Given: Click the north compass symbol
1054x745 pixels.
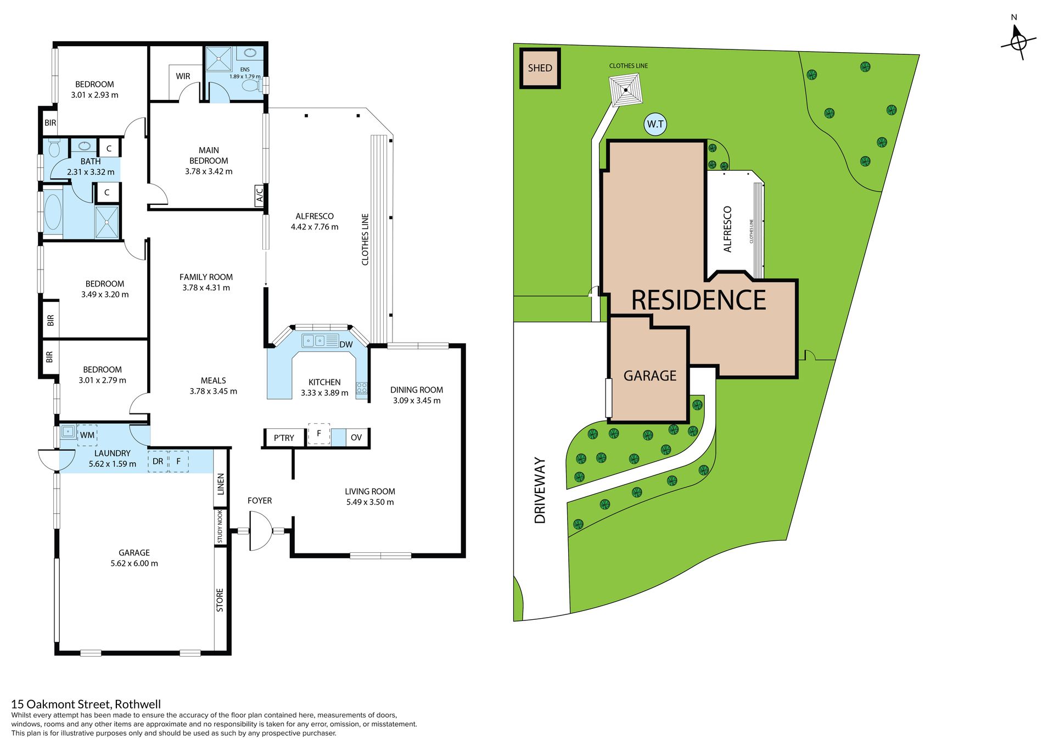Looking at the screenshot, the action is point(1018,42).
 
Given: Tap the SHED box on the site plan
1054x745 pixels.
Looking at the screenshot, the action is point(540,68).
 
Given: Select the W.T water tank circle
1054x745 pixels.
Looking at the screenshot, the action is point(655,124).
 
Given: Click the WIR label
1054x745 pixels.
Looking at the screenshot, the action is point(183,76).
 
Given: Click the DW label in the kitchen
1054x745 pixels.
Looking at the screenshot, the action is point(346,345).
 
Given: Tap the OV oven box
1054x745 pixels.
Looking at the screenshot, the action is point(357,438).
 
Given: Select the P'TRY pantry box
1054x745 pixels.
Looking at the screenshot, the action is point(284,438).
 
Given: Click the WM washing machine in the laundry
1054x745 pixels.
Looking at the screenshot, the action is point(87,435).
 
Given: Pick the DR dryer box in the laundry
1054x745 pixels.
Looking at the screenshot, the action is point(158,461).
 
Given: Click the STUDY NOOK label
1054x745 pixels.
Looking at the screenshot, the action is point(220,526).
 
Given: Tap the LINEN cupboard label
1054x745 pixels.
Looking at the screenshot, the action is point(221,484).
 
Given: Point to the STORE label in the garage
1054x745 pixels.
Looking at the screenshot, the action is point(220,600).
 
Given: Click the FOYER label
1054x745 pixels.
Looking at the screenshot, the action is point(260,501).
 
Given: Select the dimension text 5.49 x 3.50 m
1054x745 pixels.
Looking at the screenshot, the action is point(370,502).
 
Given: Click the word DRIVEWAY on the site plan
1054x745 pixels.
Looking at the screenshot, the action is point(540,490).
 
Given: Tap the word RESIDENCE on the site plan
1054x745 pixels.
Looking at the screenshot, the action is point(699,300).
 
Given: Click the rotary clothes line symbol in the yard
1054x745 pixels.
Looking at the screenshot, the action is point(626,90).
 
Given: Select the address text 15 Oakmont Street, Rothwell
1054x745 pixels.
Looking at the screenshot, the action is point(86,704).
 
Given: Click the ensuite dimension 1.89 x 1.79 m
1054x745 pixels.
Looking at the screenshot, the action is point(245,76).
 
